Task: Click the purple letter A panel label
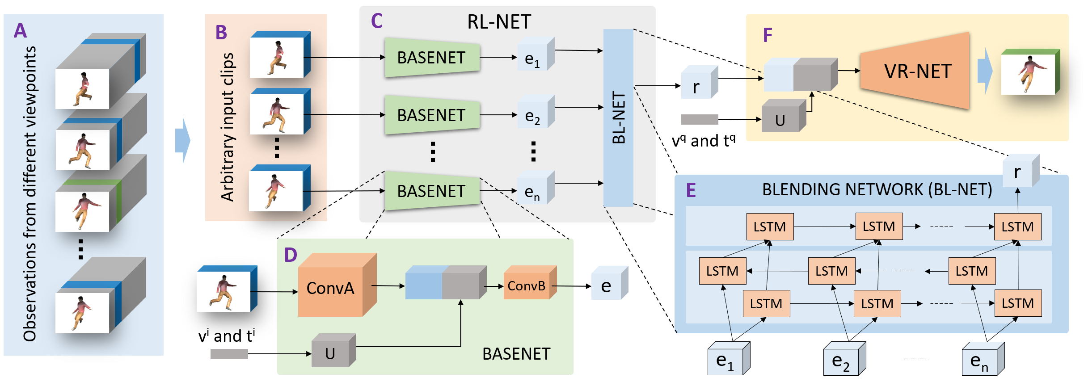tap(20, 31)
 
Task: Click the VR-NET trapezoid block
tap(917, 71)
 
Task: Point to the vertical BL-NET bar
tap(618, 117)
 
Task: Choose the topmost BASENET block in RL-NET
tap(431, 58)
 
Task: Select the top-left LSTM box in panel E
tap(770, 227)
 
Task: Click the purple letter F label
tap(768, 35)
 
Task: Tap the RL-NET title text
tap(499, 22)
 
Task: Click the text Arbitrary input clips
tap(228, 127)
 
